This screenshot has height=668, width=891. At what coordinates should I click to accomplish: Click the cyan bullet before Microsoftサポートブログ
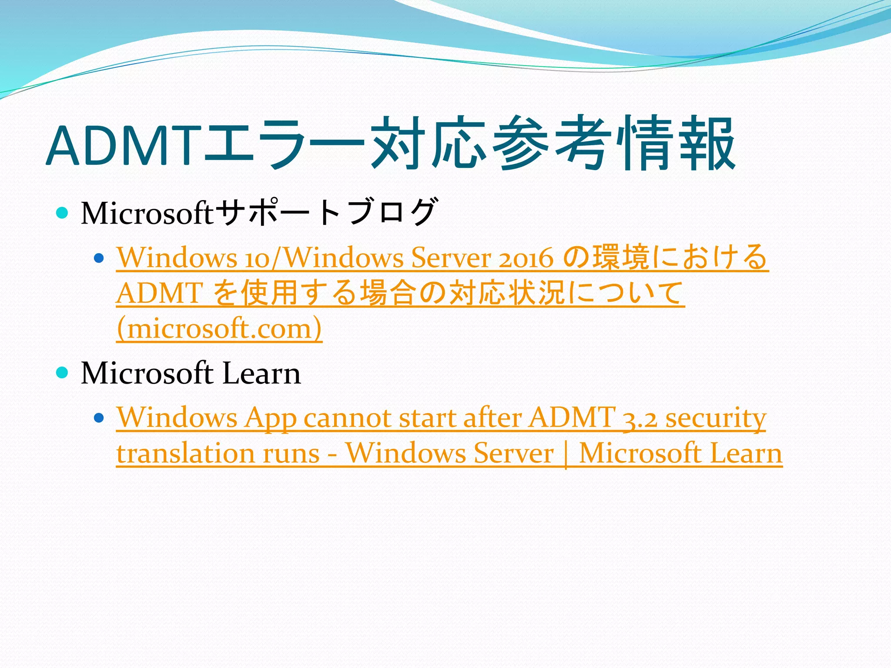(63, 213)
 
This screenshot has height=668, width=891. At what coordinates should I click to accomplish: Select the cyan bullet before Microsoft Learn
(63, 373)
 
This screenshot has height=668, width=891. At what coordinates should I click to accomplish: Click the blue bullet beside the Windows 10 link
(99, 258)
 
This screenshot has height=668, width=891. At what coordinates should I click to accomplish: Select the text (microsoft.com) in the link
(219, 328)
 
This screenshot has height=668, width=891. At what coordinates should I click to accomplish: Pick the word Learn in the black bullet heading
(261, 374)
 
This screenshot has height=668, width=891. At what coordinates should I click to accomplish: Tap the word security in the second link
(716, 419)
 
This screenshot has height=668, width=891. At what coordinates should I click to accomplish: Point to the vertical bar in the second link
(566, 454)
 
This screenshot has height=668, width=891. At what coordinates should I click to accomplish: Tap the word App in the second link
(270, 419)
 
